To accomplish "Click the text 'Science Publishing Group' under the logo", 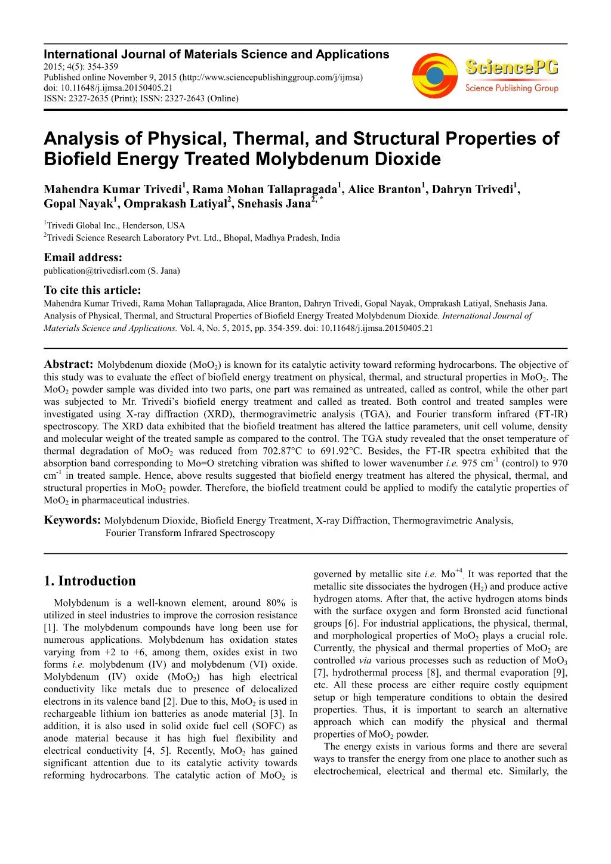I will point(512,88).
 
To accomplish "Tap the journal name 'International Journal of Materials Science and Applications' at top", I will point(216,54).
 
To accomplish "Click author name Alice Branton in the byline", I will point(384,190).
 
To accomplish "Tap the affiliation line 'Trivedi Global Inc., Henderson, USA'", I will point(116,225).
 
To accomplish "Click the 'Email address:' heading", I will point(83,258).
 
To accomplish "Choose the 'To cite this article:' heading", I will point(92,290).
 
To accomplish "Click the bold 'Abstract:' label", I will point(69,364).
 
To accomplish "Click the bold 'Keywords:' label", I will point(72,520).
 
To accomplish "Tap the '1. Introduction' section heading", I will point(90,581).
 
